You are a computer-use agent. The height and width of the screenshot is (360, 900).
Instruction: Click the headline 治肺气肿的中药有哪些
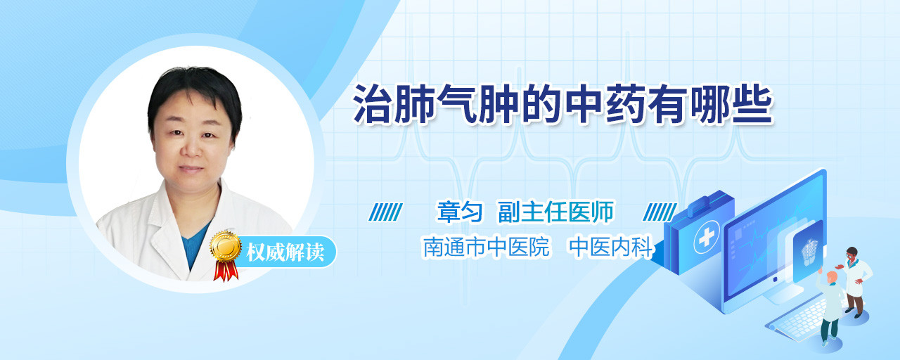coord(563,104)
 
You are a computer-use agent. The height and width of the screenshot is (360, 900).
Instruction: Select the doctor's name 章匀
coord(460,212)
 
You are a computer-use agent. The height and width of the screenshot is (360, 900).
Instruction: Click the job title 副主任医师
coord(555,212)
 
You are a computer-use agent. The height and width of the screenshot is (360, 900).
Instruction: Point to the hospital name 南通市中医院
coord(486,246)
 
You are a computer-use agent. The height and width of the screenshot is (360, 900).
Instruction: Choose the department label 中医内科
coord(612,246)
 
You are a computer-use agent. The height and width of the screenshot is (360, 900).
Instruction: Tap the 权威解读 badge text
coord(285,252)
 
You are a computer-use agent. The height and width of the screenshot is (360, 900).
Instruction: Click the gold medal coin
coord(226,246)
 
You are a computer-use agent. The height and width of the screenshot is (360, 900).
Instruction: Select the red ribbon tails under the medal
coord(226,271)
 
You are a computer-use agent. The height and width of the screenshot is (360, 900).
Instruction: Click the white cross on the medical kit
coord(707,238)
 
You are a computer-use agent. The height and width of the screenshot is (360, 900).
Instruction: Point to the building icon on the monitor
coord(809,252)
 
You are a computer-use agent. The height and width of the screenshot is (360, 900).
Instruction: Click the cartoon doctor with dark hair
coord(854,282)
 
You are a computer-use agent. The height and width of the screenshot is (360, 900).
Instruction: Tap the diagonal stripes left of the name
coord(386,212)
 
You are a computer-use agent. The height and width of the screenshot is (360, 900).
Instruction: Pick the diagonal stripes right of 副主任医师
coord(660,212)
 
